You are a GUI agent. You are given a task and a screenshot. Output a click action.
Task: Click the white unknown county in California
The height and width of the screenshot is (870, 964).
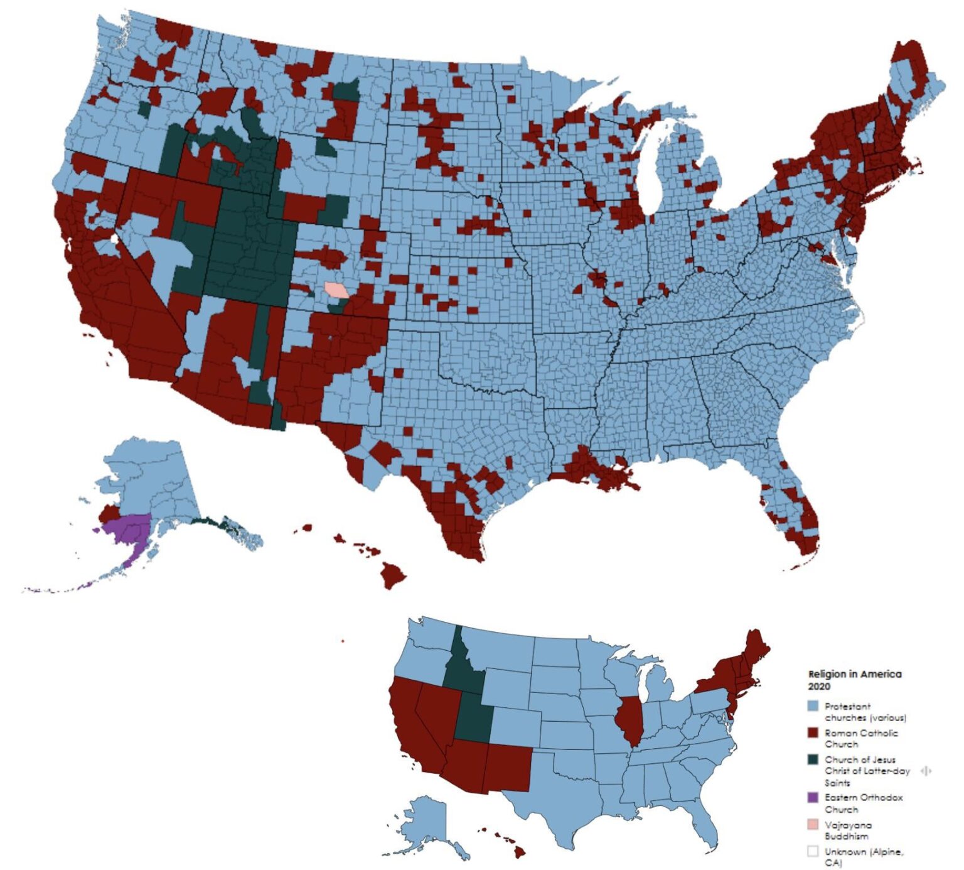114,239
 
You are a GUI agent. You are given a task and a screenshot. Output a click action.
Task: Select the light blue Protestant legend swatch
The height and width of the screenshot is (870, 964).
813,707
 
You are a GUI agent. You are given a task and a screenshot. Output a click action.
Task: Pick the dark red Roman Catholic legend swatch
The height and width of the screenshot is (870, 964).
813,733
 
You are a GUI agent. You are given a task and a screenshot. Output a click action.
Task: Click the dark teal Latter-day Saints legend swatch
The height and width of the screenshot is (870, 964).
813,759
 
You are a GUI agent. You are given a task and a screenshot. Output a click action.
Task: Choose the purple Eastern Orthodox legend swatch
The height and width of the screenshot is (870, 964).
813,798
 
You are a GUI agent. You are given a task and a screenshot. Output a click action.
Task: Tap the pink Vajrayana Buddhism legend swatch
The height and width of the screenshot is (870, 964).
813,825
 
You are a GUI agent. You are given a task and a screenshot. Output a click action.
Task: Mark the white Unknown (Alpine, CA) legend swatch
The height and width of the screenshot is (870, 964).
813,852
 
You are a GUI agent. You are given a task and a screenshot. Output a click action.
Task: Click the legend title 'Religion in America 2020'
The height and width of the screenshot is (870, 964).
854,680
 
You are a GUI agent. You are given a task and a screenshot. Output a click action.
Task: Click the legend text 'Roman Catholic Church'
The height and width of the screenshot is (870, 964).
860,738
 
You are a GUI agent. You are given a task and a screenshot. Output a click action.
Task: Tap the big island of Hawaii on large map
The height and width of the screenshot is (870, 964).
393,575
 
